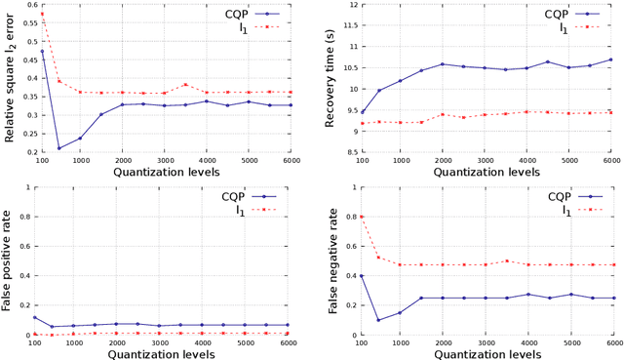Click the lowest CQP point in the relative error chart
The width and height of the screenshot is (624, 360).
tap(58, 148)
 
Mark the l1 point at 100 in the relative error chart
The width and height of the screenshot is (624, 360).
tap(42, 14)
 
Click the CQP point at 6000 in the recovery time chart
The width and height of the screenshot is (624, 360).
tap(612, 60)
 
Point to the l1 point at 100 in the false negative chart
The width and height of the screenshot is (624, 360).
tap(363, 217)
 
